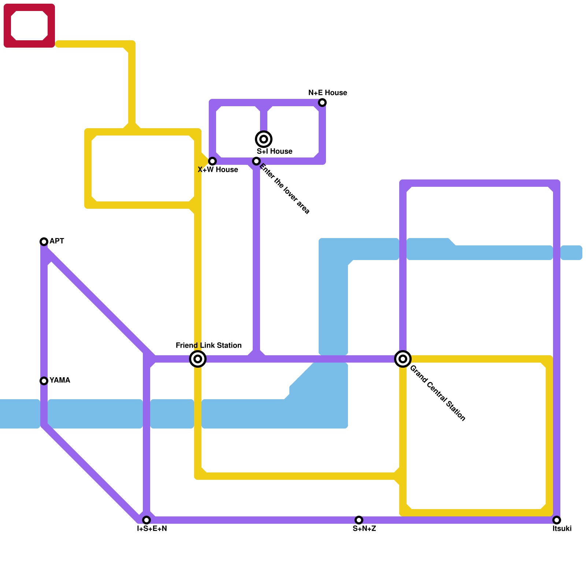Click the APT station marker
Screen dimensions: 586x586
(x=44, y=242)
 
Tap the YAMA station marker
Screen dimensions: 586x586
(x=44, y=381)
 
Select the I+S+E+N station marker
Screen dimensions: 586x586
(x=146, y=520)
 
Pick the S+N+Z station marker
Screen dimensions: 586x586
(x=359, y=520)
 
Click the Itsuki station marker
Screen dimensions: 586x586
(x=557, y=520)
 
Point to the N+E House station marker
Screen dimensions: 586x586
(x=322, y=103)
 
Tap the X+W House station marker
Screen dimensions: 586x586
(x=212, y=161)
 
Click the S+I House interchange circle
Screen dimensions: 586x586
(x=264, y=139)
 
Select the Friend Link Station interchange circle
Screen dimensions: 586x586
(x=198, y=359)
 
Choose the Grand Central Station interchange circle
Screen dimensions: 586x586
(x=403, y=359)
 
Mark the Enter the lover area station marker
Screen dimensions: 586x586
(x=256, y=161)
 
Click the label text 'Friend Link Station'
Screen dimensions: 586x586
(x=208, y=345)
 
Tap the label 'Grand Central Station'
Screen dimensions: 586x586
(x=437, y=393)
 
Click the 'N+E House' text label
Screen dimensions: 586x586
(x=328, y=93)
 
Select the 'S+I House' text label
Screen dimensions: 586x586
(x=274, y=151)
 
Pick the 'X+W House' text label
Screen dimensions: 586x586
(x=218, y=170)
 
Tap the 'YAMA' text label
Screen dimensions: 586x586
(x=60, y=380)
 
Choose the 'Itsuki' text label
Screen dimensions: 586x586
(x=562, y=528)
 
